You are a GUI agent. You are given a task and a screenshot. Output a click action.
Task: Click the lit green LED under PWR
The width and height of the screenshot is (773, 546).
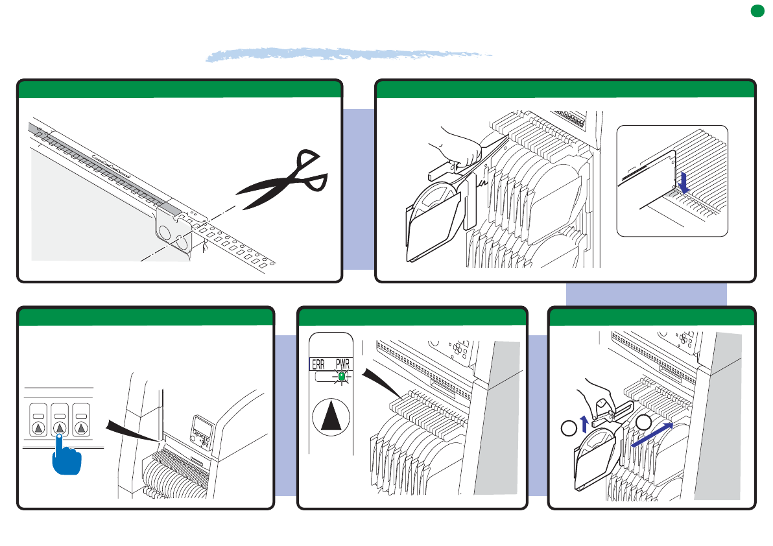point(342,376)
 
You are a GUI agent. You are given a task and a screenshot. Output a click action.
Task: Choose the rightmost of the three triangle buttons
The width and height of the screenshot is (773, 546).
point(81,427)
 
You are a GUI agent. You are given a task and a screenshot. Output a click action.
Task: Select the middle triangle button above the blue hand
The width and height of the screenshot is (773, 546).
point(60,427)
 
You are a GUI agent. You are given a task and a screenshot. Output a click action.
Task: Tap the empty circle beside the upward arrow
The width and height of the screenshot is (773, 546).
point(568,428)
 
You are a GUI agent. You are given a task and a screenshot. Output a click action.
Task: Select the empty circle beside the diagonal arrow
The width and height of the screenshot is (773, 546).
point(643,422)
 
